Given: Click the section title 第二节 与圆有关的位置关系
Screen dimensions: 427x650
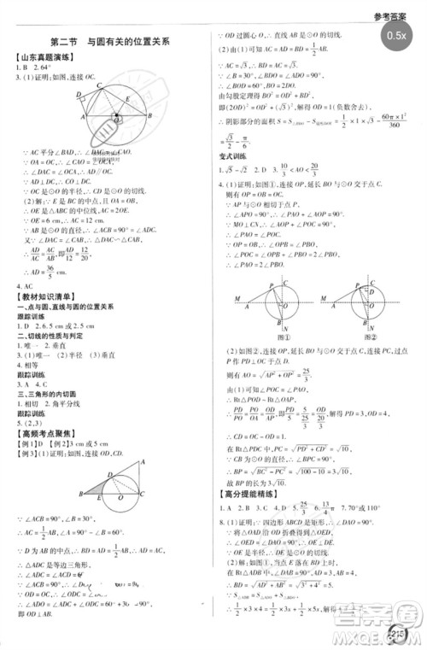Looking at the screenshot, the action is point(110,41).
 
